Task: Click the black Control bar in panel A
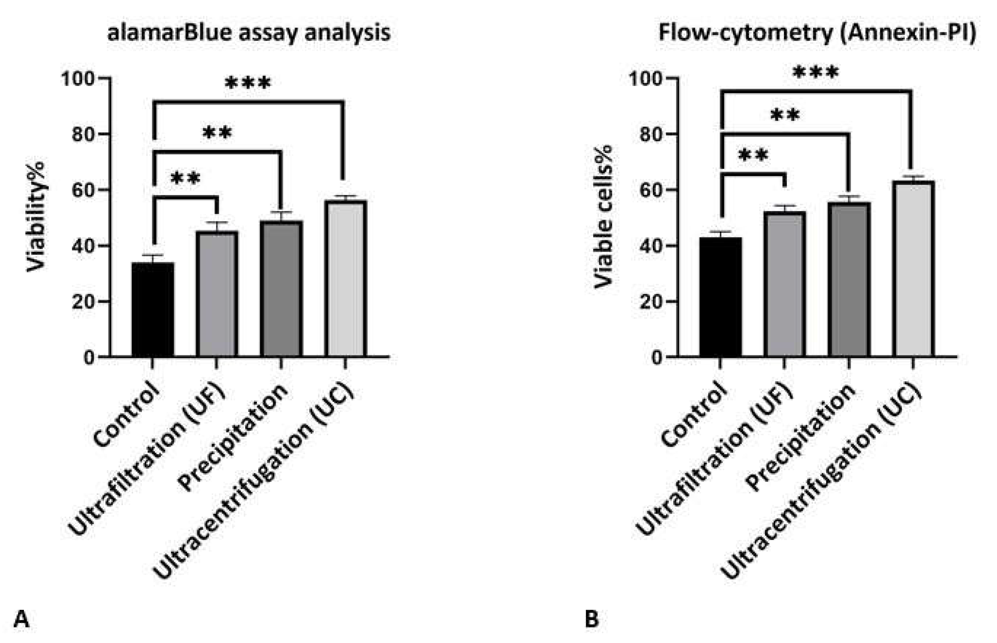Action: tap(152, 310)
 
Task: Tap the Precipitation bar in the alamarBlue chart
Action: tap(281, 289)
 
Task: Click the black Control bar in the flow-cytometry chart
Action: tap(721, 297)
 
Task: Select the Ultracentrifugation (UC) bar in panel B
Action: tap(913, 269)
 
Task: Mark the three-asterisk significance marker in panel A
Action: tap(248, 84)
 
